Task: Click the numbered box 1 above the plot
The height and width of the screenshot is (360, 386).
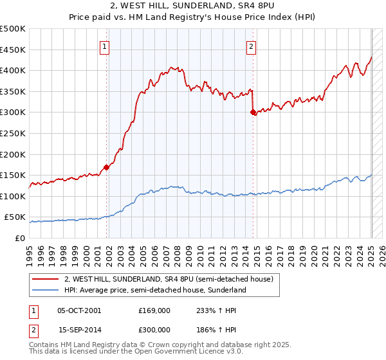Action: (x=104, y=46)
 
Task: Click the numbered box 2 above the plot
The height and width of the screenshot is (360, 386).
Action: (x=251, y=46)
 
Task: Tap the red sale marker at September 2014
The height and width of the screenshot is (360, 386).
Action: (x=253, y=113)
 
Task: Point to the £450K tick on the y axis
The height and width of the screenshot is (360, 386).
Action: (x=13, y=50)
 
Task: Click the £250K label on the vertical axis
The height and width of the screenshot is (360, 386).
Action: (x=13, y=134)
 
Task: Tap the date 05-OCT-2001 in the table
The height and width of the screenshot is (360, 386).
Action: (x=79, y=310)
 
